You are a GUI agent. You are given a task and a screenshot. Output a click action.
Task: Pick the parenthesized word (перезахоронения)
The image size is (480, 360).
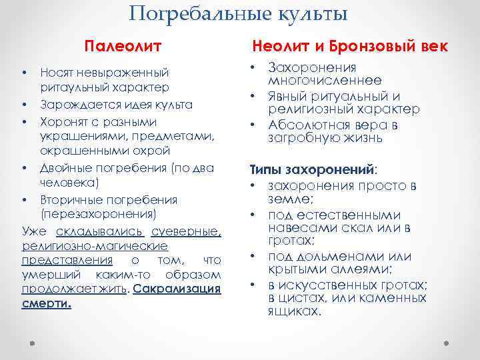click(x=98, y=215)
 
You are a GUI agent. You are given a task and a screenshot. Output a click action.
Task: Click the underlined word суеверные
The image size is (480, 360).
click(x=186, y=231)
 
